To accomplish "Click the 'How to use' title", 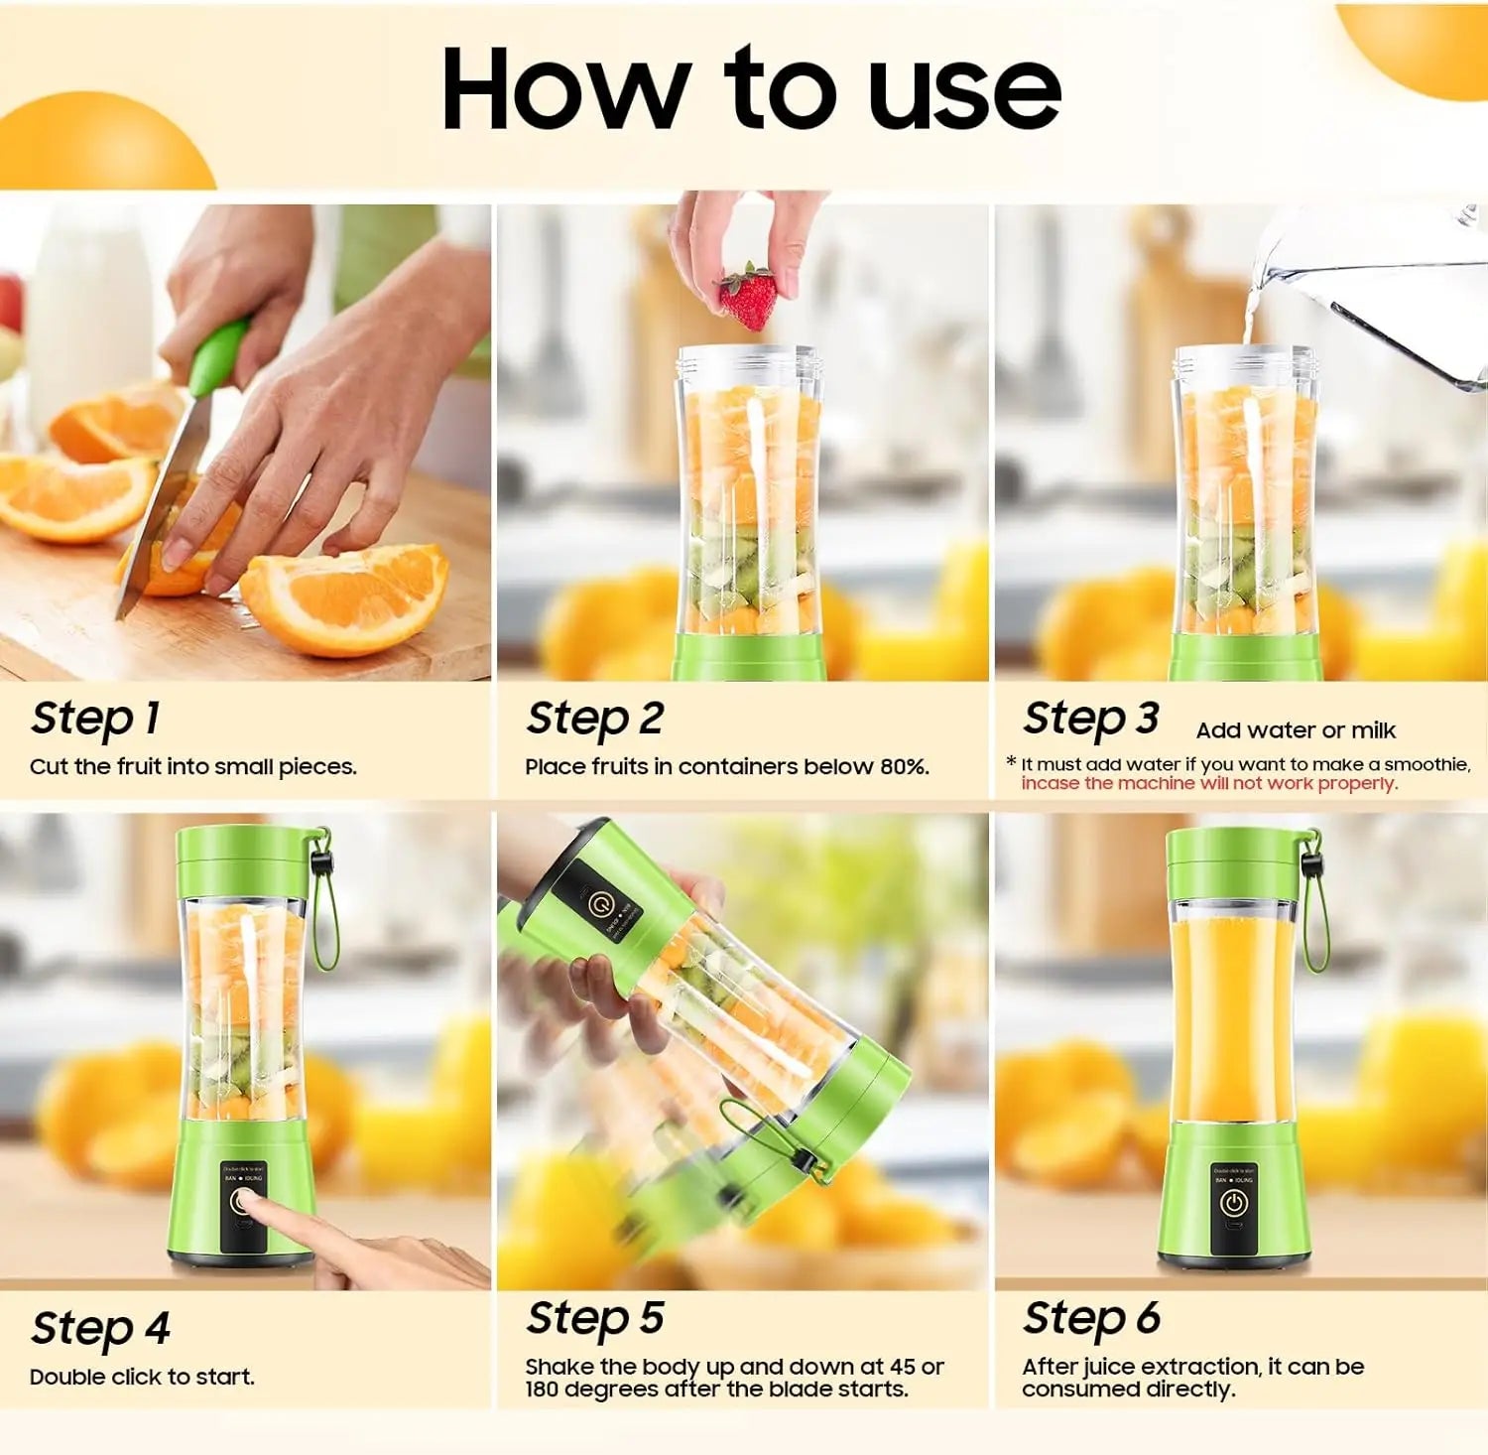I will click(x=750, y=89).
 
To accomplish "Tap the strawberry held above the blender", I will click(x=748, y=298).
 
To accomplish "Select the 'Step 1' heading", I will click(x=95, y=719).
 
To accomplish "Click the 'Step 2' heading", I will click(x=594, y=719).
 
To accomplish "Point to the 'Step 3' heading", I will click(x=1090, y=719).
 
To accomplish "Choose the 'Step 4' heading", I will click(x=100, y=1328).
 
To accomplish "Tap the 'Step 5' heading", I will click(x=594, y=1319).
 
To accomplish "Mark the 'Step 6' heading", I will click(x=1091, y=1319).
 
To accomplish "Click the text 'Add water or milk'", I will click(x=1295, y=730).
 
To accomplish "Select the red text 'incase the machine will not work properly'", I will click(x=1208, y=783).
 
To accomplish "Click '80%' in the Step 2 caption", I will click(x=903, y=766).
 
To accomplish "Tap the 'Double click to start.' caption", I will click(x=142, y=1377).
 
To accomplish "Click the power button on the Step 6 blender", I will click(x=1233, y=1204).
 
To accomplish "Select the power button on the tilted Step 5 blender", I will click(x=598, y=903).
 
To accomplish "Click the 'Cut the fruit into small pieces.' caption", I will click(x=192, y=766).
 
